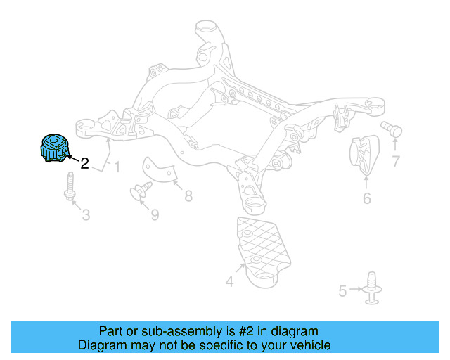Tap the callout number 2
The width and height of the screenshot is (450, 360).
(x=84, y=164)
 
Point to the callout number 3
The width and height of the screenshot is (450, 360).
(x=86, y=214)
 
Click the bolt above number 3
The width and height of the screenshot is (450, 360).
(x=70, y=186)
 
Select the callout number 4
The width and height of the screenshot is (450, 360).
(x=229, y=282)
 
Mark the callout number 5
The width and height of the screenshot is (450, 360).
(x=342, y=290)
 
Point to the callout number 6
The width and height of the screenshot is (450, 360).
(x=366, y=199)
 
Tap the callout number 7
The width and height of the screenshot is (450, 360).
(x=395, y=162)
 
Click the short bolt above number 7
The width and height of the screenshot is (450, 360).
(x=391, y=129)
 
